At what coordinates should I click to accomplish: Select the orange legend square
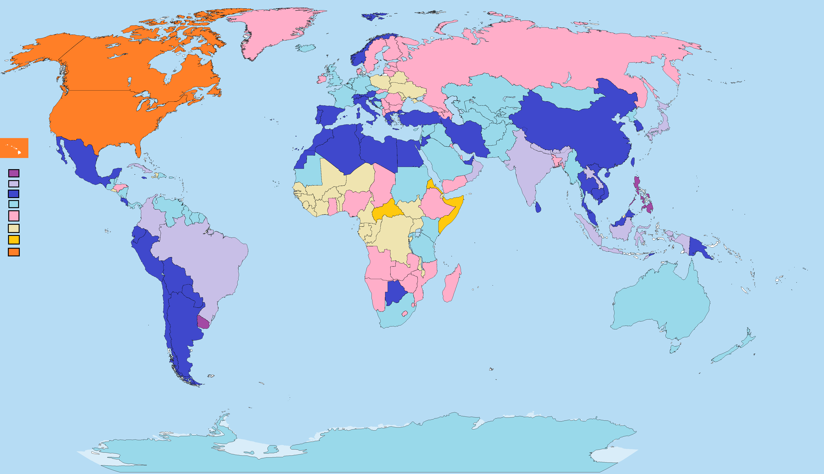[14, 252]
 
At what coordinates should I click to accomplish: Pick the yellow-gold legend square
[14, 240]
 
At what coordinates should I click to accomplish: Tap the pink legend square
[14, 216]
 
